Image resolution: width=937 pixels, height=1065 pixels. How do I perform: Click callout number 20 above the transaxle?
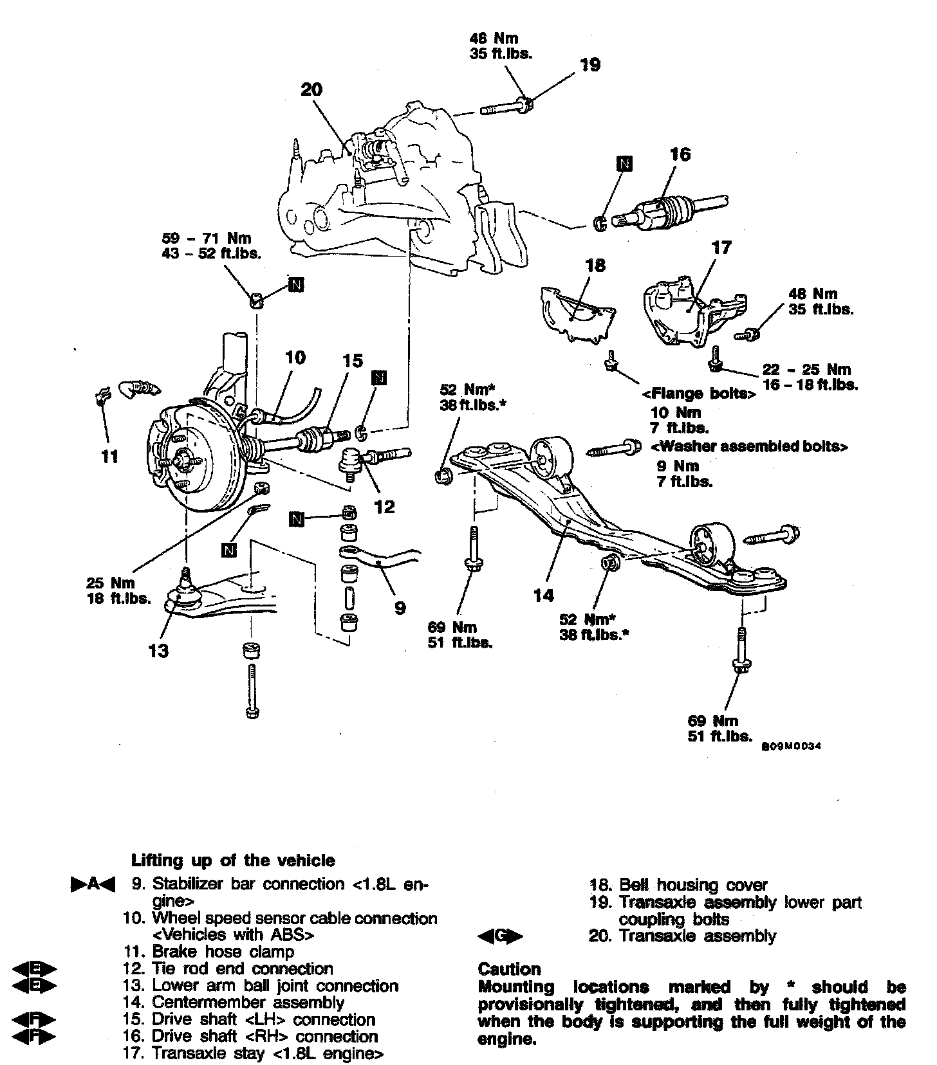point(311,89)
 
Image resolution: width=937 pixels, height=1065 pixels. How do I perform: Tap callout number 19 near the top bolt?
point(590,64)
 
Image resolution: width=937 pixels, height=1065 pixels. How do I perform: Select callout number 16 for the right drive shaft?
point(680,154)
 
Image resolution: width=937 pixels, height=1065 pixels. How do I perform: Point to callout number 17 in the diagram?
point(721,248)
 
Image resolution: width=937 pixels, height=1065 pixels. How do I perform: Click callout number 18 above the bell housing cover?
point(595,265)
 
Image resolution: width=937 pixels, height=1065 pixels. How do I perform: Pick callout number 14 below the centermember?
point(544,596)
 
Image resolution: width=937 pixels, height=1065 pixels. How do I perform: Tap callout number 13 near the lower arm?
point(158,651)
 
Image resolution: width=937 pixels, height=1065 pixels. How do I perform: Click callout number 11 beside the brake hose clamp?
point(110,457)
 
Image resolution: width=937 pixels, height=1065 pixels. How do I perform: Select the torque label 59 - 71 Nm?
point(207,239)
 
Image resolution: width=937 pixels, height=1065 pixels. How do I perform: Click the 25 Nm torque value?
point(111,583)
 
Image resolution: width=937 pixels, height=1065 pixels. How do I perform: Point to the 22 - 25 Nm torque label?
point(806,369)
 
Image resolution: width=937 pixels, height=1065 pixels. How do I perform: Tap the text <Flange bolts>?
point(699,394)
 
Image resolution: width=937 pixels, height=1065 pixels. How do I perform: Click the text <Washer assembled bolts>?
point(749,446)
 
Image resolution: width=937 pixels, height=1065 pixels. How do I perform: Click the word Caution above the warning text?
point(510,969)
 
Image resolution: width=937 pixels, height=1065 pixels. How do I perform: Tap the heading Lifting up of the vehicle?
point(233,860)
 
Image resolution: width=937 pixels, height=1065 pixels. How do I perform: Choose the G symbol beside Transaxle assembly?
point(501,936)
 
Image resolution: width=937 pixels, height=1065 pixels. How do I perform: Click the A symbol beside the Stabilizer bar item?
point(93,885)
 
